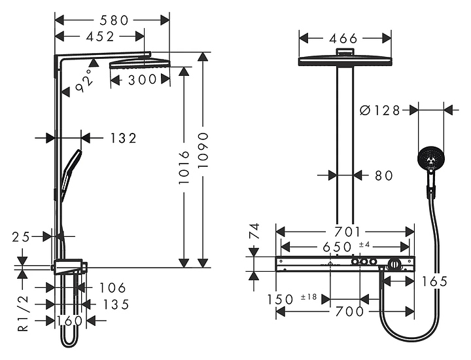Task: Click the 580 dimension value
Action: pyautogui.click(x=114, y=20)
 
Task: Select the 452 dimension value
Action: pyautogui.click(x=100, y=37)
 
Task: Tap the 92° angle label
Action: pyautogui.click(x=84, y=81)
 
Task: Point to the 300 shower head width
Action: pyautogui.click(x=143, y=80)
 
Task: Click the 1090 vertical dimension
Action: pyautogui.click(x=203, y=151)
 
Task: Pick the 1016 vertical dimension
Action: pyautogui.click(x=184, y=168)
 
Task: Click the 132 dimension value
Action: pyautogui.click(x=123, y=138)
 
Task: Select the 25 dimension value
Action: pyautogui.click(x=21, y=237)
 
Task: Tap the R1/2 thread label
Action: pyautogui.click(x=23, y=314)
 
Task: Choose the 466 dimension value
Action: pyautogui.click(x=343, y=39)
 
